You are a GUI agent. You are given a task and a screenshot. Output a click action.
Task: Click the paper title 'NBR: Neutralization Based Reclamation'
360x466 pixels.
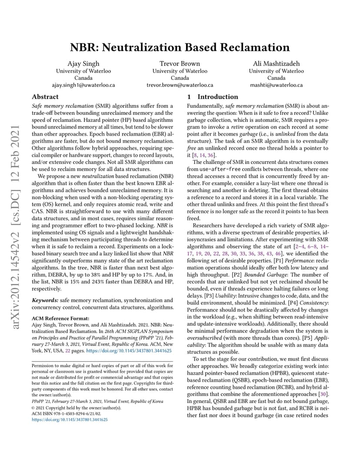(x=180, y=47)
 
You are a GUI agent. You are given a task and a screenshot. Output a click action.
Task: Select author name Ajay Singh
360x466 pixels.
(x=83, y=63)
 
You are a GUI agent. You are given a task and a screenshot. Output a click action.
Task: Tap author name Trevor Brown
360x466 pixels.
(x=180, y=63)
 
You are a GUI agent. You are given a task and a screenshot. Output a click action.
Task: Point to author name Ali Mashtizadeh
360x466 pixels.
(x=276, y=63)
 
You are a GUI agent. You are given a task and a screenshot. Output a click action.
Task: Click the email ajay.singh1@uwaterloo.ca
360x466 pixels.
(x=83, y=85)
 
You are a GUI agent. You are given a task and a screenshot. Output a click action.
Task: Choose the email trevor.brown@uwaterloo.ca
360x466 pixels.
(x=180, y=85)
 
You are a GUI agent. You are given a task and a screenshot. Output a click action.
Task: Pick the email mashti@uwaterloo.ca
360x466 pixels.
(x=276, y=85)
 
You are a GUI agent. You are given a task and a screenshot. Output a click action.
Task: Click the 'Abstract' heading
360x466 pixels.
(x=45, y=97)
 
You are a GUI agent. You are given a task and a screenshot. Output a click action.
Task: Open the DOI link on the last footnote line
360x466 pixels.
(x=70, y=420)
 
